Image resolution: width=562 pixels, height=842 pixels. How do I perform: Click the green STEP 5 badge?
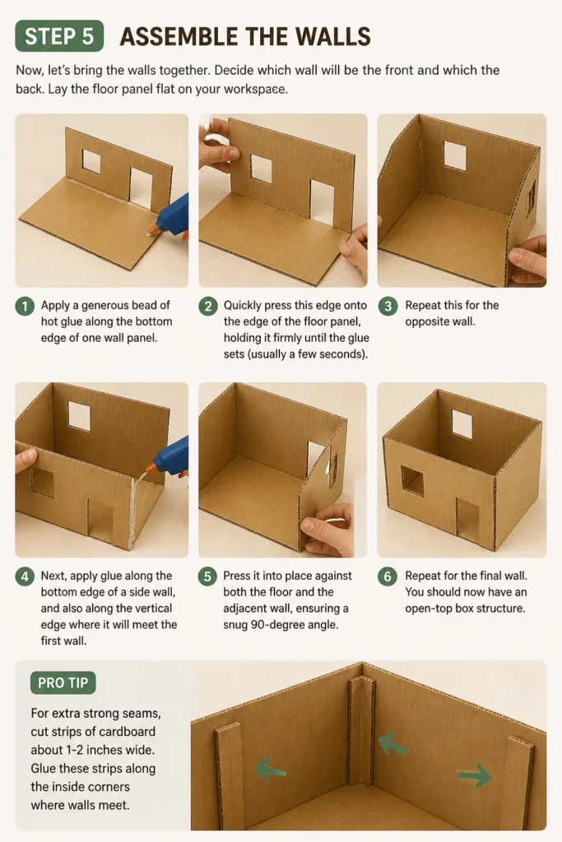pos(59,36)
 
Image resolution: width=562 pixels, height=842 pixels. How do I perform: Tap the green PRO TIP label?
pos(63,682)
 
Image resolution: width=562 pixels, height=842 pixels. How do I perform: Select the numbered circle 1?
pos(25,306)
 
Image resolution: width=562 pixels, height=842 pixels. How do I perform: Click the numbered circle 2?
pos(208,306)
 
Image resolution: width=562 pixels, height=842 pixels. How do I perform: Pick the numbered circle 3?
pos(388,306)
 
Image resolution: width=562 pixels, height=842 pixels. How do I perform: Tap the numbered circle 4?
pos(25,576)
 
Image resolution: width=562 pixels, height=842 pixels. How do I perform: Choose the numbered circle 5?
pos(207,576)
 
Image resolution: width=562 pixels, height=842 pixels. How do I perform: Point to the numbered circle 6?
pos(388,576)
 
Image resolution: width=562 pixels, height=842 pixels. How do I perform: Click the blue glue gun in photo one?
pos(171,218)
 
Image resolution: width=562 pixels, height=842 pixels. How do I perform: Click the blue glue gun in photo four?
pos(169,457)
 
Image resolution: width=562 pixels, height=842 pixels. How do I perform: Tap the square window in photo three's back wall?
pos(454,155)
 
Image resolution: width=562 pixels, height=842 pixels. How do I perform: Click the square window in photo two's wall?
pos(262,169)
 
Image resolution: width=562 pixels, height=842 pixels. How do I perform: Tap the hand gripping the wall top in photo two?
pos(217,142)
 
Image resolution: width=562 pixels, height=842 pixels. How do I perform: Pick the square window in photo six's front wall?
pos(412,480)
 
